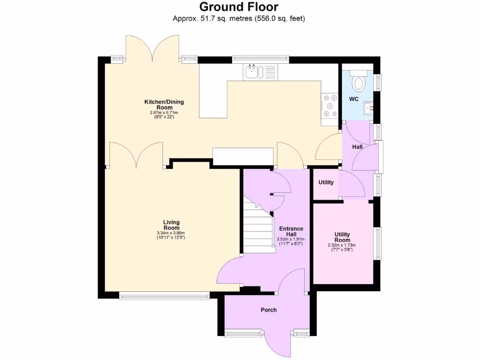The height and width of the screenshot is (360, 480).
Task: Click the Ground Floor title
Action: (239, 7)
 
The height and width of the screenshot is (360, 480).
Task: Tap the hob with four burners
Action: (329, 106)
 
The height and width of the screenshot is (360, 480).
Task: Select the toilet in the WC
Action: (359, 82)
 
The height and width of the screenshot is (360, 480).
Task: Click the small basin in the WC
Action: (368, 108)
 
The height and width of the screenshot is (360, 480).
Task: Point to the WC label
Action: (353, 99)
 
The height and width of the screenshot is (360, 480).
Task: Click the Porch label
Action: (269, 310)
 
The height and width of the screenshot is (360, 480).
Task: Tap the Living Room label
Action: (171, 225)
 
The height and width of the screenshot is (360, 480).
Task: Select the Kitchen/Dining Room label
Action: (164, 104)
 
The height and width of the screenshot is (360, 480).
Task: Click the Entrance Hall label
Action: (291, 232)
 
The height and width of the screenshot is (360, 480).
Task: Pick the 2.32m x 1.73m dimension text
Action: (342, 245)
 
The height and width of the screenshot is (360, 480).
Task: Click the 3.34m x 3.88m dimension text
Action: (171, 233)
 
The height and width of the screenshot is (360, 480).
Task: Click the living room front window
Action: (164, 295)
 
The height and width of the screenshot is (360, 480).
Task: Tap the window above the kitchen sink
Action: (261, 59)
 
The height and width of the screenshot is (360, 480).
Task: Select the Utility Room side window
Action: (377, 242)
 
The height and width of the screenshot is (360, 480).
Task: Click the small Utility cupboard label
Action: (326, 182)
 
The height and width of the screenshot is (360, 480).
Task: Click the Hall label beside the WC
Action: (358, 147)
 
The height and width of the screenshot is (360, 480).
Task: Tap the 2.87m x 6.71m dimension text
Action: (164, 112)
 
